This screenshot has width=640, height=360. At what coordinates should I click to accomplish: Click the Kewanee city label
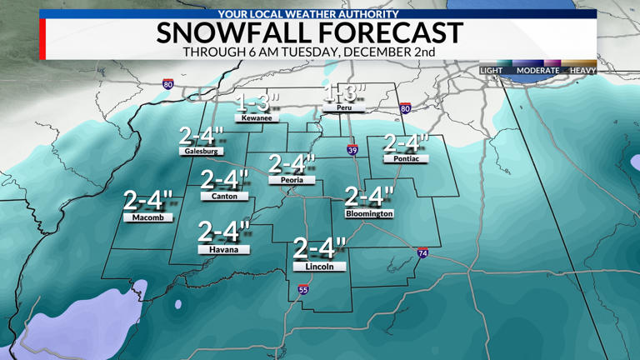tap(255, 118)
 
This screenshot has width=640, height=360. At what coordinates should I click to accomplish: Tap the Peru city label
tap(344, 108)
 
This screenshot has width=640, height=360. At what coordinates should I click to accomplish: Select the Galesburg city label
tap(200, 152)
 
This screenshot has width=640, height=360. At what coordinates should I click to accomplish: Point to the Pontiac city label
tap(406, 158)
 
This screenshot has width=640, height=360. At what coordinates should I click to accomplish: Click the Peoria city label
tap(291, 180)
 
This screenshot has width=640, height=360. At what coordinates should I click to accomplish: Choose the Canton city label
tap(224, 197)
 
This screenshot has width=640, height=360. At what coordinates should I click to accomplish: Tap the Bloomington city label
tap(369, 214)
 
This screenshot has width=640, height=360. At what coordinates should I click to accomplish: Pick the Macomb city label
tap(147, 217)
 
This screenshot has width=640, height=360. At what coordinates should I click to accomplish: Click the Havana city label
tap(223, 249)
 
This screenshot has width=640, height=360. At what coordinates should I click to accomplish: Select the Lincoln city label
tap(319, 267)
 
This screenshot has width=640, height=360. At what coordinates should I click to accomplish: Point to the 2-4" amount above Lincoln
tap(319, 248)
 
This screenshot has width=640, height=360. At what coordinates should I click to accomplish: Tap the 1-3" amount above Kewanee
tap(256, 102)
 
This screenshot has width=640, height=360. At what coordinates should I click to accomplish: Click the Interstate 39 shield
tap(352, 149)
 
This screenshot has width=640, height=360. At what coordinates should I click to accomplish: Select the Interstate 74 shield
tap(423, 252)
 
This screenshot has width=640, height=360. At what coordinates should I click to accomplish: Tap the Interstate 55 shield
tap(303, 290)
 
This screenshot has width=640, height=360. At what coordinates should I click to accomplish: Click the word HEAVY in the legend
tap(582, 71)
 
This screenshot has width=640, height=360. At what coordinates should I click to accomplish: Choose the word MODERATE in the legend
tap(537, 71)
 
